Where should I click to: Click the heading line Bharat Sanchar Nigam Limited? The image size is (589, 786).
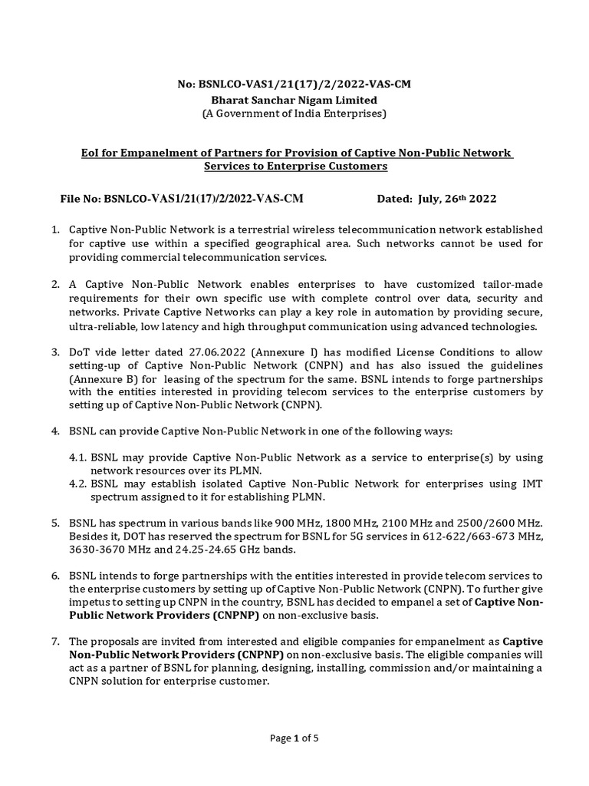pos(294,100)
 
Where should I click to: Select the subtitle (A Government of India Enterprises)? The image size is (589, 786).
pos(294,114)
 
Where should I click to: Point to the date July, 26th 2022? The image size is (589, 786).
pos(458,199)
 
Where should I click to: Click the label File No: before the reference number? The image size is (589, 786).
pos(81,199)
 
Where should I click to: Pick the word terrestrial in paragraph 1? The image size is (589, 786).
pos(244,230)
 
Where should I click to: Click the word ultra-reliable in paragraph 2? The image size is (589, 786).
pos(102,326)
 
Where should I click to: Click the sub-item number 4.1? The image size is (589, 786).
pos(78,457)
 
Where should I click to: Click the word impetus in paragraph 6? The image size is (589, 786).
pos(90,603)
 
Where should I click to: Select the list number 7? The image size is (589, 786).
pos(55,641)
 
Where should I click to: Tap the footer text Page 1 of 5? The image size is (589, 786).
pos(294,738)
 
